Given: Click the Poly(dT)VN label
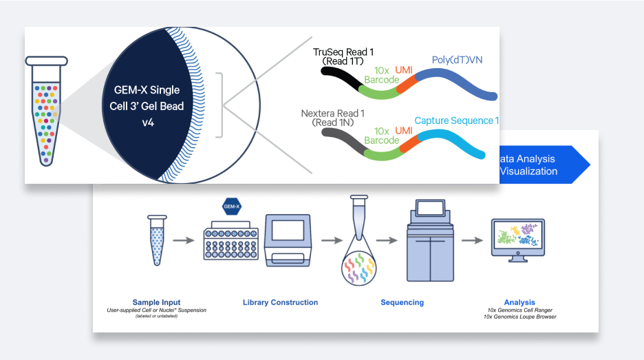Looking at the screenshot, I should click(x=457, y=60).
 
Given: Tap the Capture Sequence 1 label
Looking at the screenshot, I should click(x=456, y=120).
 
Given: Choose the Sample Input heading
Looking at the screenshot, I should click(x=157, y=302).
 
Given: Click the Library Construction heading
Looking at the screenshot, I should click(x=280, y=302).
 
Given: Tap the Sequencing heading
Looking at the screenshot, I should click(x=402, y=302).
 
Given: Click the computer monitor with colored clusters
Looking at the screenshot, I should click(x=517, y=241).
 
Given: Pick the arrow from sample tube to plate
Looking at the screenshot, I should click(x=182, y=241).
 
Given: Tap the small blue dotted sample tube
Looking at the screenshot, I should click(x=157, y=241).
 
